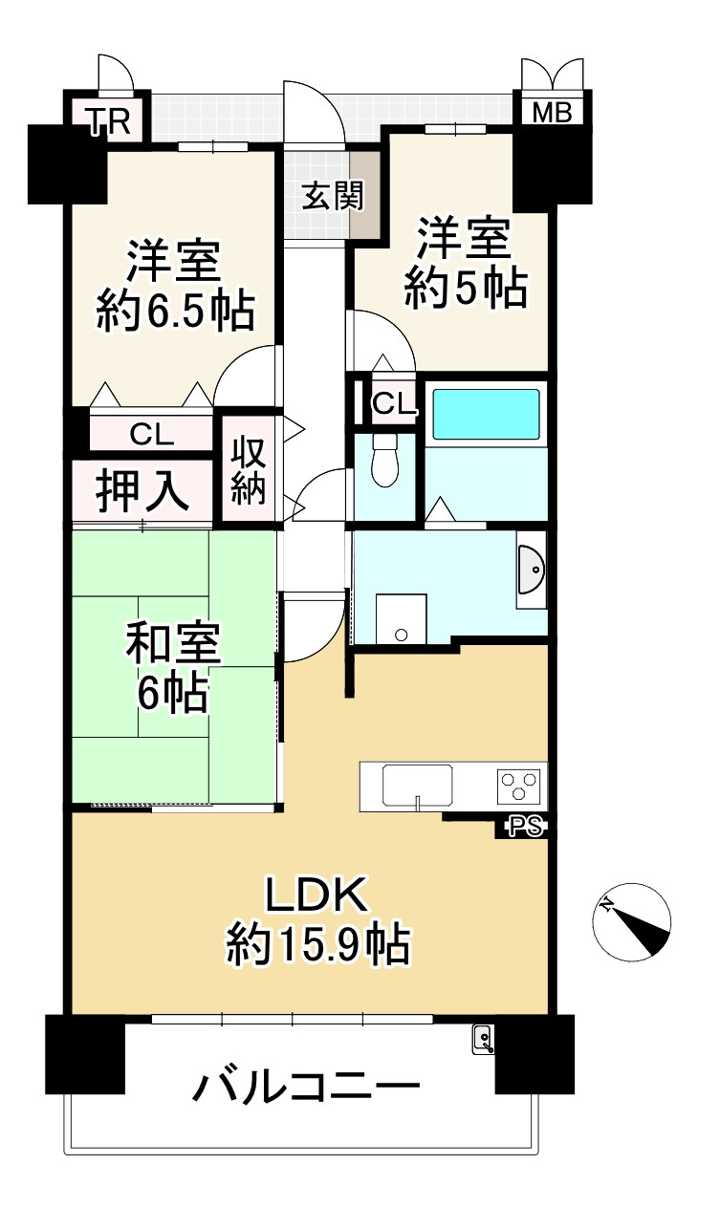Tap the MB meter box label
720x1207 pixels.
[552, 113]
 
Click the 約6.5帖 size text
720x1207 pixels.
[174, 312]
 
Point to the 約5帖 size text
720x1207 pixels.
[466, 287]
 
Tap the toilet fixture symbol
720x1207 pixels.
[384, 460]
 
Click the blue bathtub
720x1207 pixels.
[486, 413]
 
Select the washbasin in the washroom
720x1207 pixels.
[531, 575]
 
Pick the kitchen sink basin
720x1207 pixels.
[418, 786]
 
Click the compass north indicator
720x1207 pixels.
[631, 919]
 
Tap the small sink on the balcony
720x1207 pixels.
[483, 1039]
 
